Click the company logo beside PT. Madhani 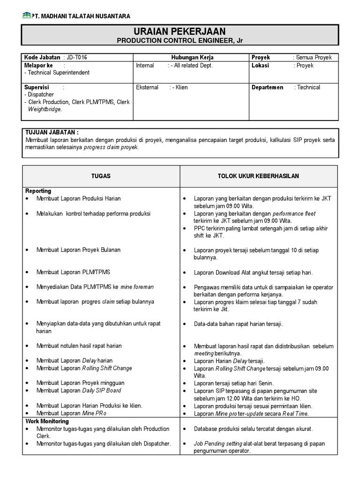click(26, 15)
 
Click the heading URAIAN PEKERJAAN click(180, 31)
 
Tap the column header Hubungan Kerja click(192, 57)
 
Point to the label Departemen click(267, 87)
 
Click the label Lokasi click(260, 66)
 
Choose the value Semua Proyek click(314, 57)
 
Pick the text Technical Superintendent click(59, 73)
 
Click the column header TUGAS click(101, 176)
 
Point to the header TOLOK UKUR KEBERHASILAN click(258, 176)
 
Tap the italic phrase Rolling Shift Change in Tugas click(107, 368)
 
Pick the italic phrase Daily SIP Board click(102, 390)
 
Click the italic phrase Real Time click(295, 413)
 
